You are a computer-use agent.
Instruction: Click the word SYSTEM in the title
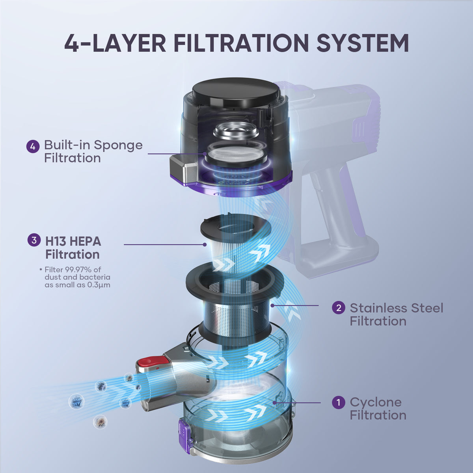point(362,43)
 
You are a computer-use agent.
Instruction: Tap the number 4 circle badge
point(33,147)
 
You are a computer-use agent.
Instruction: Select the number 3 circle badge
point(34,240)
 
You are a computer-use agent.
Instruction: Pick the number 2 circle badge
point(339,307)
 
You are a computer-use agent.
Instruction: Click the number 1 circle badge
point(339,402)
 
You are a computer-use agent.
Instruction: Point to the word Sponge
point(118,145)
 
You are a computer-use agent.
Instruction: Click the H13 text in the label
point(56,241)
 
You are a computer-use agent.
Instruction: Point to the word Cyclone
point(376,402)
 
